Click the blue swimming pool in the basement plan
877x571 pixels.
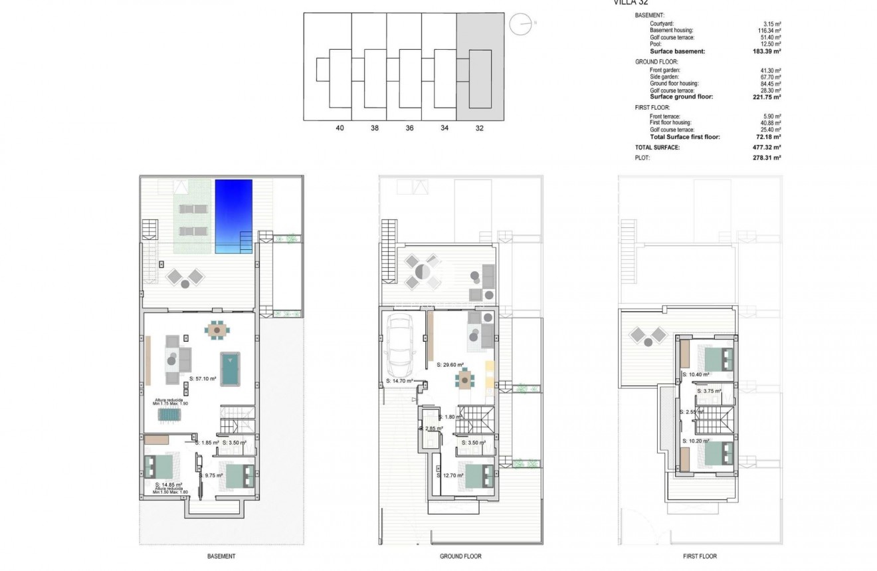click(234, 216)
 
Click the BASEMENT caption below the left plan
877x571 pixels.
click(221, 556)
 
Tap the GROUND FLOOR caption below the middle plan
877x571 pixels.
click(460, 556)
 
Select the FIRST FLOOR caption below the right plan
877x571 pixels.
click(700, 556)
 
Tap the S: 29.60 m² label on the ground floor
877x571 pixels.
click(450, 365)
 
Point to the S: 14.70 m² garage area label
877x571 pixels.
click(399, 381)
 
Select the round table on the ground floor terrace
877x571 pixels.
click(423, 271)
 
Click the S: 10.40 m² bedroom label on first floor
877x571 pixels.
click(696, 374)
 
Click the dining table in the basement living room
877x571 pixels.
click(217, 329)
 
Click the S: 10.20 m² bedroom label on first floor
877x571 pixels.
click(696, 441)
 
